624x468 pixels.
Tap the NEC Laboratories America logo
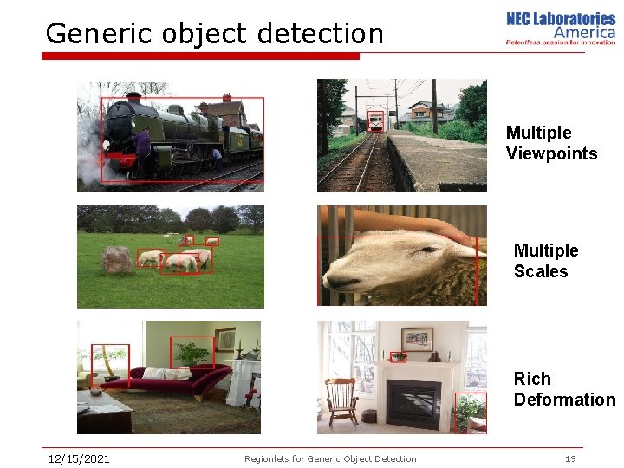tap(560, 28)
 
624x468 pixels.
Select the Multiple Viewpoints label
tap(551, 143)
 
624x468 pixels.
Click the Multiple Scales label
tap(545, 261)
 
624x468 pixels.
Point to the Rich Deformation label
tap(563, 389)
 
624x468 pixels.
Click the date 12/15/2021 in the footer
tap(78, 458)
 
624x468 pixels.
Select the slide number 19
tap(569, 458)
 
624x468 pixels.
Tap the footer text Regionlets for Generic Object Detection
tap(330, 458)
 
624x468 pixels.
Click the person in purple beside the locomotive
tap(142, 151)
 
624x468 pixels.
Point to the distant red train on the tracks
tap(375, 120)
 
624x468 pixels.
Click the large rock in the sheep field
tap(117, 259)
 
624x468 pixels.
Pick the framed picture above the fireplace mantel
tap(417, 338)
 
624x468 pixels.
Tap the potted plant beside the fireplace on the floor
tap(471, 412)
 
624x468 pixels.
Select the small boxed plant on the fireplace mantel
tap(398, 356)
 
